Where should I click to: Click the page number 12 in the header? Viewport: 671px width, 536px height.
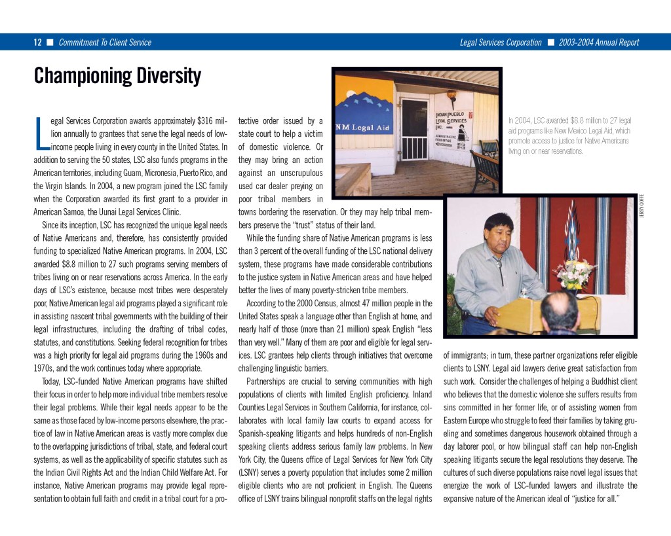tap(38, 43)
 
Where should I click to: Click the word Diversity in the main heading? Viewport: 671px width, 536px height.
tap(168, 76)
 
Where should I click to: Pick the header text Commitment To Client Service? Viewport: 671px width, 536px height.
tap(105, 43)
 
